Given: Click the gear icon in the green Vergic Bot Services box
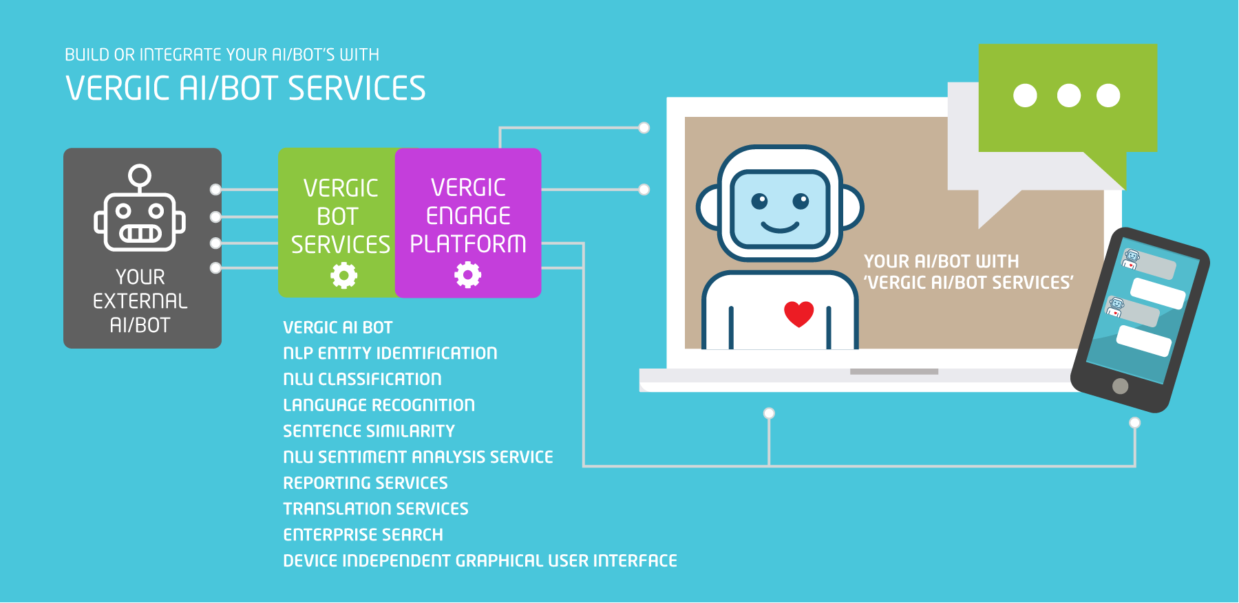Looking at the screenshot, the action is click(x=343, y=276).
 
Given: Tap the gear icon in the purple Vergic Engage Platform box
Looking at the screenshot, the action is click(x=467, y=275).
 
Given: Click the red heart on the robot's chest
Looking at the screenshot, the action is click(x=799, y=314).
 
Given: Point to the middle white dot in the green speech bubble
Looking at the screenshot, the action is click(x=1068, y=96).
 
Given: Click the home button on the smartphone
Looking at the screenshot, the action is click(x=1120, y=386).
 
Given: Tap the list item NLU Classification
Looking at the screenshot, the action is click(x=362, y=379).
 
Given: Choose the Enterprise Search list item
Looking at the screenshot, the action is click(x=363, y=535).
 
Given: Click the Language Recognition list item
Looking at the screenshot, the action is click(x=379, y=405).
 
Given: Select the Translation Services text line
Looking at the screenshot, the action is click(x=375, y=509).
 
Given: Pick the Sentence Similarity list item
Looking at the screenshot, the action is click(x=369, y=431).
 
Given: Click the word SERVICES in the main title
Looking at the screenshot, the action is click(x=357, y=89).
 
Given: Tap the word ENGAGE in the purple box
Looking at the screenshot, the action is click(x=468, y=216).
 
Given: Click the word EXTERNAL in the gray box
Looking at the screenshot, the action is click(x=140, y=301).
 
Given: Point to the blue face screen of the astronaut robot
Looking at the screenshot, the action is click(x=779, y=209).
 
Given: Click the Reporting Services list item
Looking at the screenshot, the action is click(x=365, y=483).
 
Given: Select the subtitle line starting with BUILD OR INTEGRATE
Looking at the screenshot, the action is click(x=222, y=54).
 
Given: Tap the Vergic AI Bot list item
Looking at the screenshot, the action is click(x=337, y=327).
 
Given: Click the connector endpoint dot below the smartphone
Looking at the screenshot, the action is click(x=1134, y=422).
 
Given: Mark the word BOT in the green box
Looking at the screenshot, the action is click(x=337, y=217).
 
